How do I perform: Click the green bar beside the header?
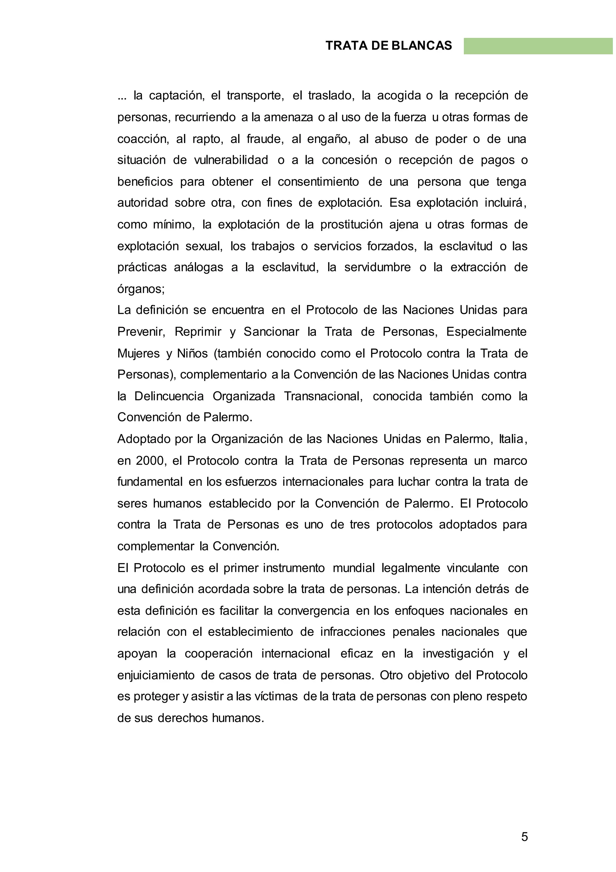(x=538, y=46)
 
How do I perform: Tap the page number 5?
(x=524, y=826)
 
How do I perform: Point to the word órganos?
(x=140, y=289)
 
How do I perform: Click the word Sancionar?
(x=271, y=332)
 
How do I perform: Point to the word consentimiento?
(x=318, y=182)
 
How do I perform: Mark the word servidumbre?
(x=377, y=268)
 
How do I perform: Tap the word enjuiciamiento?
(x=156, y=676)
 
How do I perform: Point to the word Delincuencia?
(x=169, y=397)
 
